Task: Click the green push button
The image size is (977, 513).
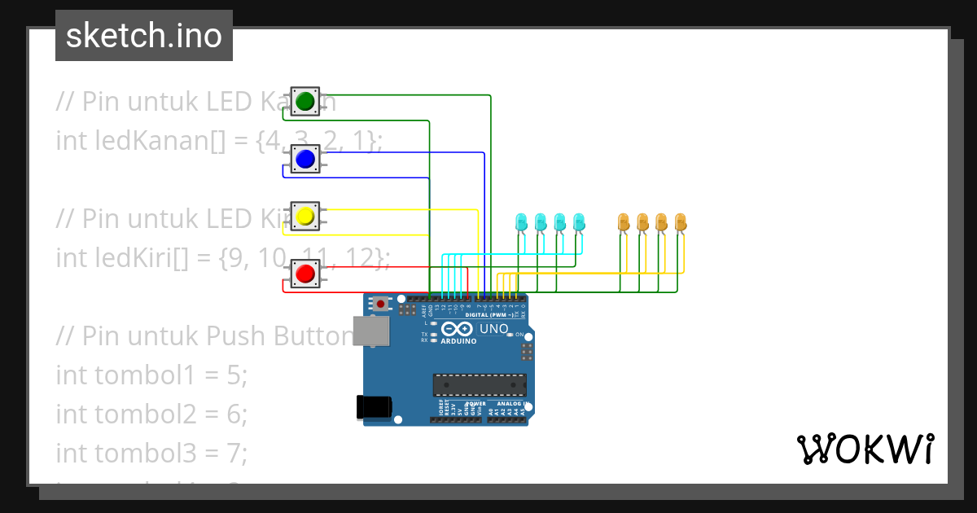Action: pyautogui.click(x=305, y=101)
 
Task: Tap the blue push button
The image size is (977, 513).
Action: pyautogui.click(x=305, y=159)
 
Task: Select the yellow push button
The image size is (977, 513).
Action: pyautogui.click(x=305, y=216)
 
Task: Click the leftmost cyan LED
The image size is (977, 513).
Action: pyautogui.click(x=521, y=221)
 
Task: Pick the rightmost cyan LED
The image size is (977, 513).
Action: pyautogui.click(x=579, y=221)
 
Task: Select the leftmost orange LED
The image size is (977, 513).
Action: pyautogui.click(x=624, y=221)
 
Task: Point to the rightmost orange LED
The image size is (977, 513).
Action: pyautogui.click(x=681, y=221)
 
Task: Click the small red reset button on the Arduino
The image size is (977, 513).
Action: pyautogui.click(x=380, y=304)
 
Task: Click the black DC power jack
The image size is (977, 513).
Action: pyautogui.click(x=374, y=407)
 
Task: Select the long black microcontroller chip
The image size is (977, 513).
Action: pyautogui.click(x=479, y=384)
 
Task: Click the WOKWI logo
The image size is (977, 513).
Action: pyautogui.click(x=865, y=449)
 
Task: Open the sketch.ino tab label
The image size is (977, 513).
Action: pyautogui.click(x=144, y=36)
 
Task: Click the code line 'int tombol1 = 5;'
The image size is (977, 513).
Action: pyautogui.click(x=151, y=375)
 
